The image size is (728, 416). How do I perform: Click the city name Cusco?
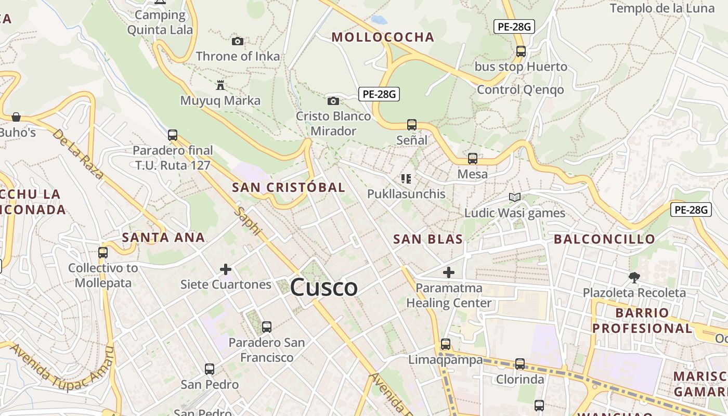pos(324,288)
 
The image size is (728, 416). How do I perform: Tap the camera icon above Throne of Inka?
pos(238,41)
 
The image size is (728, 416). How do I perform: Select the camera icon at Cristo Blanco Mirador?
pos(333,101)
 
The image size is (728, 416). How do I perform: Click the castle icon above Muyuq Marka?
pos(220,85)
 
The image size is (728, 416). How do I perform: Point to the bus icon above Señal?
pos(412,125)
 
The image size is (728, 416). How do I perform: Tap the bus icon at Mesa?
pos(473,159)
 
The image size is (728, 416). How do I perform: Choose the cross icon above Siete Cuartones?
pos(226,269)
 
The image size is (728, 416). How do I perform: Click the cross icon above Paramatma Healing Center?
pos(449,272)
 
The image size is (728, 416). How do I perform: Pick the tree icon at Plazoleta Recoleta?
pos(634,277)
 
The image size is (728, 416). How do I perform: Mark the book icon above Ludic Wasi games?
pos(515,198)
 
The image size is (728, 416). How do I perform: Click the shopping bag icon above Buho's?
pos(16,116)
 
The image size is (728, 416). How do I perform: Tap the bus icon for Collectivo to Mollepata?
pos(103,253)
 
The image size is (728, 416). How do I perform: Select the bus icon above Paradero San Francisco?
pos(267,327)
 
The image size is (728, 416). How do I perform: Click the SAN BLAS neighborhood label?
pos(428,239)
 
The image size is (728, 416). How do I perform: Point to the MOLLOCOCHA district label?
pos(383,37)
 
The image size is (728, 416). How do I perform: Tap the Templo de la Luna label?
pos(662,8)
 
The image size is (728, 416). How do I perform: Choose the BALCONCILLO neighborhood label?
pos(604,239)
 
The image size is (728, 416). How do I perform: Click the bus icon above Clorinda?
pos(520,364)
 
